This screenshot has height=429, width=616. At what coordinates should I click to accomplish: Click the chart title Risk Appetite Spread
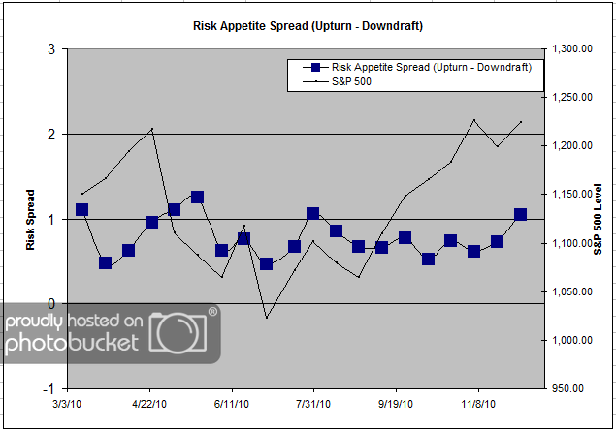(308, 25)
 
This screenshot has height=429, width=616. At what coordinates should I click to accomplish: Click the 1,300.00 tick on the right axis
(572, 49)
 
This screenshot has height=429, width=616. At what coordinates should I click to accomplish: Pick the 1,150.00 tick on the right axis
(572, 195)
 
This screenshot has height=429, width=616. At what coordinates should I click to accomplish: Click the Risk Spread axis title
(29, 219)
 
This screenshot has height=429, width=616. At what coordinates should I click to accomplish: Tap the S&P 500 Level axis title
(598, 219)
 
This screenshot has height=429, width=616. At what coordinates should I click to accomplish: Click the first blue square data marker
(82, 209)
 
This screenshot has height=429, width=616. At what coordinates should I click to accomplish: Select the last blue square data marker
(521, 215)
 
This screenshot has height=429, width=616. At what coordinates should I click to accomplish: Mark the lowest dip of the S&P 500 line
(267, 318)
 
